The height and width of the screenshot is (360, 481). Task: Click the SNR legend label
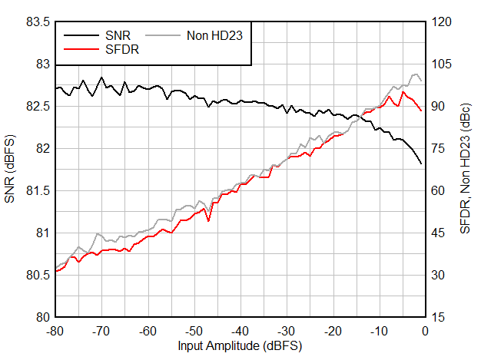[x=118, y=35]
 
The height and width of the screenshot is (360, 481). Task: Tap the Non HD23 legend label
[x=214, y=35]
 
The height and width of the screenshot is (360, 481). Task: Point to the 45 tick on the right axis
[x=438, y=233]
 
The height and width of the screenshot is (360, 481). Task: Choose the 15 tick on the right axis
[x=438, y=317]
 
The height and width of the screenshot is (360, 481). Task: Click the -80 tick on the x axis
[x=55, y=330]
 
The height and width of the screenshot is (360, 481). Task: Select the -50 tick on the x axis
[x=194, y=330]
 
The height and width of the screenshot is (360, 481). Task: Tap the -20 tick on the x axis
[x=332, y=330]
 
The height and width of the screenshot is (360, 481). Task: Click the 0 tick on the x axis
[x=425, y=330]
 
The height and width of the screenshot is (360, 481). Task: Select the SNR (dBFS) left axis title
[x=11, y=170]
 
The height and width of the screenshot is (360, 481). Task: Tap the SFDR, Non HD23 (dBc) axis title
[x=466, y=170]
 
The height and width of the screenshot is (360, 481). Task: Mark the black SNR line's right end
[x=421, y=163]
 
